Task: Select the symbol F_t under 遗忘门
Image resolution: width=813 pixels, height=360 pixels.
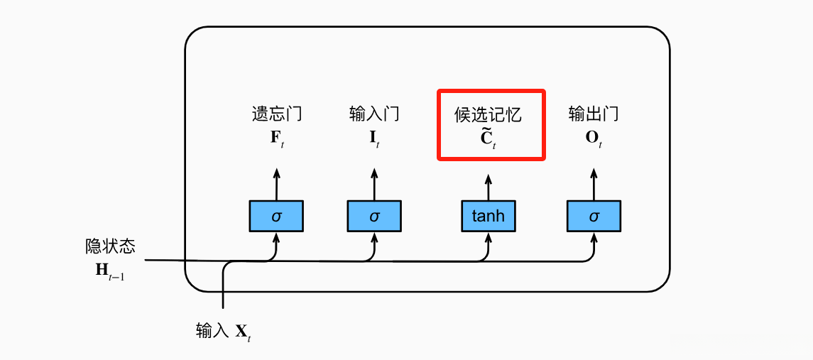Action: click(276, 137)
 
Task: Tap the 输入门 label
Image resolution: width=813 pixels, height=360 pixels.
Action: click(374, 114)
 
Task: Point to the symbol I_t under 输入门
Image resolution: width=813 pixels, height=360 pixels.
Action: click(374, 137)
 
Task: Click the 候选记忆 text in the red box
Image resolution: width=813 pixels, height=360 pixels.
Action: click(489, 114)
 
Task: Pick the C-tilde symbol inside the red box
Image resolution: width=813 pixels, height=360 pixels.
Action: click(488, 138)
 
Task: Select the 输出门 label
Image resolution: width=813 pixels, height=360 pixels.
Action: click(594, 114)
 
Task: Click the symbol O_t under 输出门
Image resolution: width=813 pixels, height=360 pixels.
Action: click(594, 137)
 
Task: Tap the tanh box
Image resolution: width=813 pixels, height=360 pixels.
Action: click(488, 215)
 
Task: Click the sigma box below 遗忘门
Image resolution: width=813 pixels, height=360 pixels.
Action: click(276, 215)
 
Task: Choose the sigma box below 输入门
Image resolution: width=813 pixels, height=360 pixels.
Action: click(374, 215)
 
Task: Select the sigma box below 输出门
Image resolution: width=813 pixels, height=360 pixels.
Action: click(594, 215)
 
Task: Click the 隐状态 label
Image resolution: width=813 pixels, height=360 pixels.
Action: click(110, 246)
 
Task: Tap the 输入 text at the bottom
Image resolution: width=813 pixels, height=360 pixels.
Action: click(212, 330)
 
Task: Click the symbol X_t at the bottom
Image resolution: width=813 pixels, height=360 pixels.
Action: click(243, 332)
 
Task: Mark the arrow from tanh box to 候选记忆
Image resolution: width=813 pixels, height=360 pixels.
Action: click(488, 185)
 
